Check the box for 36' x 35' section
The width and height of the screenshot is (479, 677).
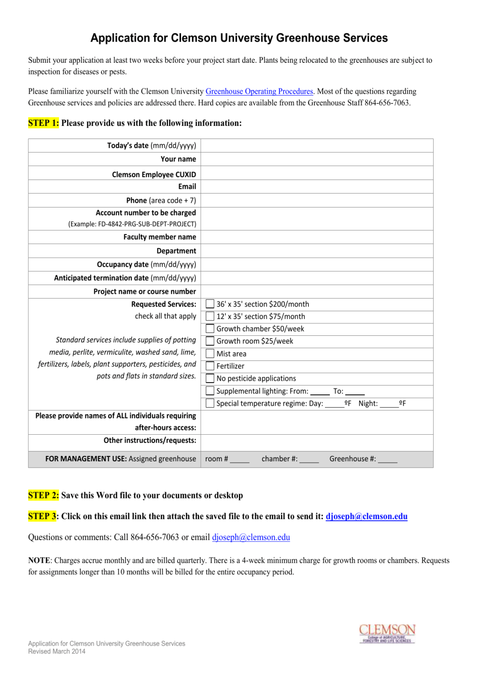coord(210,304)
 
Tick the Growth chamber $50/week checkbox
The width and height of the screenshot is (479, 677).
coord(210,329)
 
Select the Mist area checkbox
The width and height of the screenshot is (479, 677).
coord(210,354)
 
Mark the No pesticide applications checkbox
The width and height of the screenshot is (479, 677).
coord(210,378)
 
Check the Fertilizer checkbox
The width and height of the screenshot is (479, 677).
coord(210,366)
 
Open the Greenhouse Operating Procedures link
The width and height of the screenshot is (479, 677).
coord(259,91)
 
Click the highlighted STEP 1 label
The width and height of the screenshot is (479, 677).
coord(43,123)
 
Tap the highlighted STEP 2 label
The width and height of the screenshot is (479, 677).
coord(43,495)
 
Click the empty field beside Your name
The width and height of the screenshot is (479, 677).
coord(316,159)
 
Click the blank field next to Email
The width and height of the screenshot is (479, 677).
coord(316,187)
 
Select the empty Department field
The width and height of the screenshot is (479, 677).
coord(316,251)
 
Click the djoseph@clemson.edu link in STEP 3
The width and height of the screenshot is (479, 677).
coord(366,516)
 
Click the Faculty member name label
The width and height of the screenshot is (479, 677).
coord(159,237)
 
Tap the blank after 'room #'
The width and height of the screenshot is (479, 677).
coord(239,459)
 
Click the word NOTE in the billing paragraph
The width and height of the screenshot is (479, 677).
coord(39,560)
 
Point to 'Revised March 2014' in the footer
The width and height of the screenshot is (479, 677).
coord(56,651)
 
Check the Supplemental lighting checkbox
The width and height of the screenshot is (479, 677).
coord(210,391)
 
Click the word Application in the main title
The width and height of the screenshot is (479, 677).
coord(120,38)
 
